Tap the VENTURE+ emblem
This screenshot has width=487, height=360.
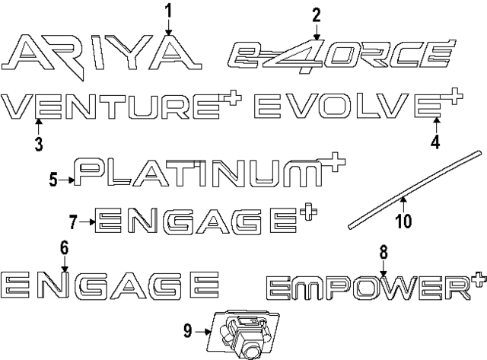coord(121,106)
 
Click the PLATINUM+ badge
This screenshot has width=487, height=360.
coord(210,170)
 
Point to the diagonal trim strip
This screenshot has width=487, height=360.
coord(415,190)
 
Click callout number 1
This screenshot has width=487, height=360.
coord(168,11)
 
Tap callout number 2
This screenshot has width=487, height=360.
coord(317,15)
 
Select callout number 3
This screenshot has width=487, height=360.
coord(39,144)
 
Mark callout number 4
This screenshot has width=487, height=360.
coord(435,142)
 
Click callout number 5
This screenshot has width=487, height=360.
coord(53,180)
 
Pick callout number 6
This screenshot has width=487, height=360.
coord(64,247)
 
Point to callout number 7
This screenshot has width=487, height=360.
coord(73,221)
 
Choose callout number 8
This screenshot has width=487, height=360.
coord(384,252)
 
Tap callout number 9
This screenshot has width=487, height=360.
coord(188,331)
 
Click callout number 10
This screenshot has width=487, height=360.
coord(404,221)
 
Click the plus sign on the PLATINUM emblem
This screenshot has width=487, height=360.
coord(334,161)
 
